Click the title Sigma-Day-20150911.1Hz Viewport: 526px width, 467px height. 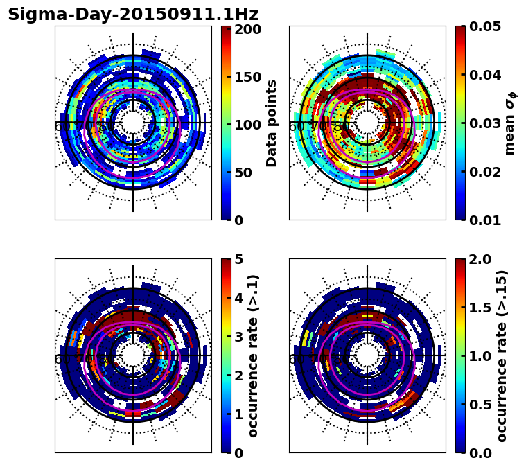tap(133, 15)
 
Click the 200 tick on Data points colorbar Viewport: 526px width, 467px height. tap(247, 29)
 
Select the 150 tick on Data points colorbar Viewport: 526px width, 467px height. tap(247, 77)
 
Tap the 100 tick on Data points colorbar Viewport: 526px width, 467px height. tap(247, 125)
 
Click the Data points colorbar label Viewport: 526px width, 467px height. tap(272, 123)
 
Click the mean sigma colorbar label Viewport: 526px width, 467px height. tap(510, 123)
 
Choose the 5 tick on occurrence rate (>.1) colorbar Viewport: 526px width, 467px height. tap(238, 259)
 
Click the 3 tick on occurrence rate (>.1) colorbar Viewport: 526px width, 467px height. tap(238, 337)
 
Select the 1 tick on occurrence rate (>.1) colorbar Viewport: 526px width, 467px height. tap(238, 414)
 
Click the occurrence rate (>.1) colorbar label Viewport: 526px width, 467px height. tap(254, 356)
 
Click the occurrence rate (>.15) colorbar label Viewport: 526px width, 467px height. tap(502, 356)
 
